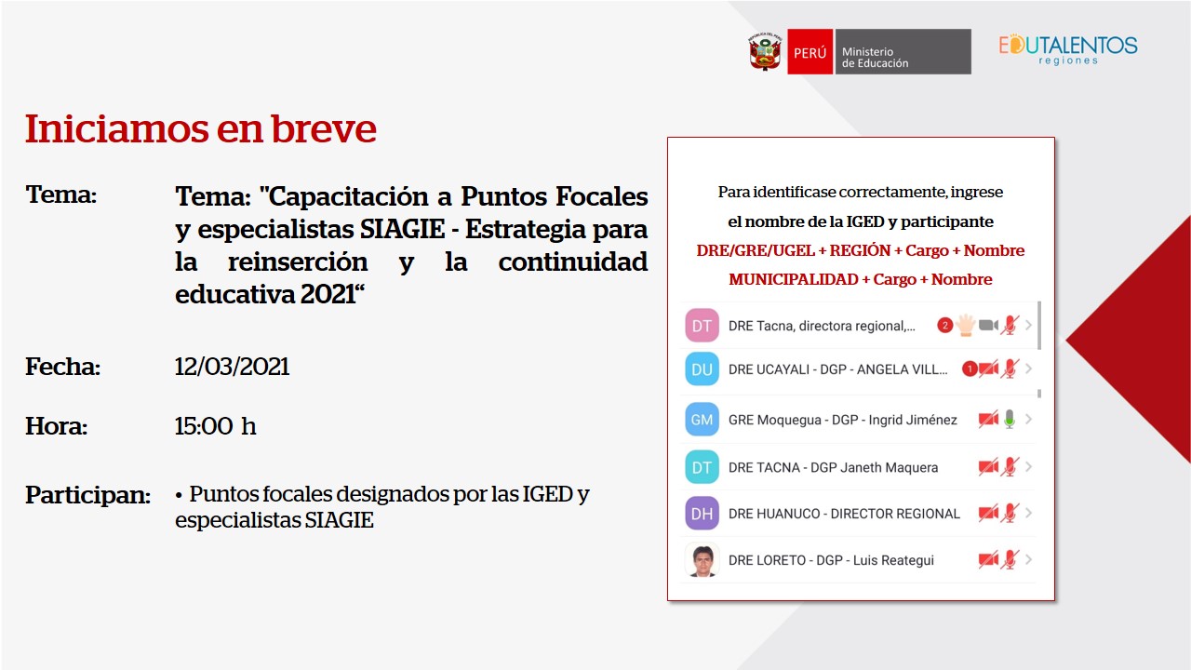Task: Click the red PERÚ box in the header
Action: point(810,51)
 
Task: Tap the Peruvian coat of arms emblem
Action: point(765,51)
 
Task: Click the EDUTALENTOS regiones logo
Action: point(1068,49)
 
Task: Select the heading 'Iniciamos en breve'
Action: point(201,129)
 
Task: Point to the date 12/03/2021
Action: point(233,367)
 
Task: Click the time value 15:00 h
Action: point(215,426)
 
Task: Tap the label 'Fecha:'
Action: point(62,367)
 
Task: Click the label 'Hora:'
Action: point(57,426)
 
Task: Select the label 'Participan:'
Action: point(88,495)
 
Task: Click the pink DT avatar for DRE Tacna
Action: point(702,326)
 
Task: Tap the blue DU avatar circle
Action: point(702,369)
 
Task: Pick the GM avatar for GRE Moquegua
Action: point(702,420)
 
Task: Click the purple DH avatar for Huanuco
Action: point(702,513)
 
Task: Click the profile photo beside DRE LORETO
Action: point(702,560)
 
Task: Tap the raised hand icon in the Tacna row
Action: point(965,326)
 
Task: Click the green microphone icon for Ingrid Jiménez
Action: point(1010,420)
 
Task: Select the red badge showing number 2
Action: point(944,325)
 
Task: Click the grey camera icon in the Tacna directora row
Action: point(988,325)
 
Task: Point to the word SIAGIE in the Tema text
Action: point(403,229)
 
